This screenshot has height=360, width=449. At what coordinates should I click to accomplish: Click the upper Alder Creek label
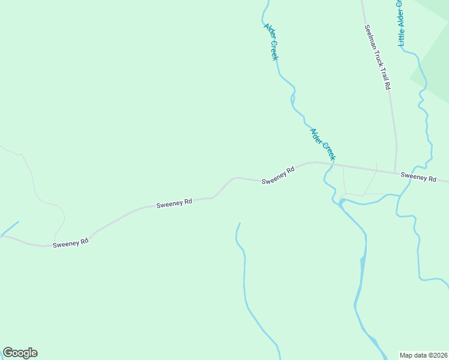[x=271, y=41]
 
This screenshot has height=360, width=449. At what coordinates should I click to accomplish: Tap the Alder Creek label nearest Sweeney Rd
[x=322, y=144]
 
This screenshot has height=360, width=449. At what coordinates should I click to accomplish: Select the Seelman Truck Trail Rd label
[x=377, y=57]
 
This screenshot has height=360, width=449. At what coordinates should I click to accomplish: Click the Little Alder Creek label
[x=401, y=23]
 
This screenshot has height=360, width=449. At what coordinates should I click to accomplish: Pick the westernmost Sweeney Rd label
[x=71, y=244]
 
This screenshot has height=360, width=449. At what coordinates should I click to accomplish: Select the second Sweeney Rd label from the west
[x=174, y=203]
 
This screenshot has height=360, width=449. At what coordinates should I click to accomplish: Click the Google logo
[x=20, y=353]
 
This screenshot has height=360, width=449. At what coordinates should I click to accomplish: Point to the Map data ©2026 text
[x=423, y=355]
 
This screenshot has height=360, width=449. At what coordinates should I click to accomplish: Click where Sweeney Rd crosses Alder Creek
[x=333, y=164]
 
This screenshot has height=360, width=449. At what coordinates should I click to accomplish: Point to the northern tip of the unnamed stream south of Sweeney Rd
[x=240, y=224]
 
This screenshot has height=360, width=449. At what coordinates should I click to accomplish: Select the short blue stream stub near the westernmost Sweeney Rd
[x=10, y=229]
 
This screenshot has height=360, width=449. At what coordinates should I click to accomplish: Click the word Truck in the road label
[x=376, y=56]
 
